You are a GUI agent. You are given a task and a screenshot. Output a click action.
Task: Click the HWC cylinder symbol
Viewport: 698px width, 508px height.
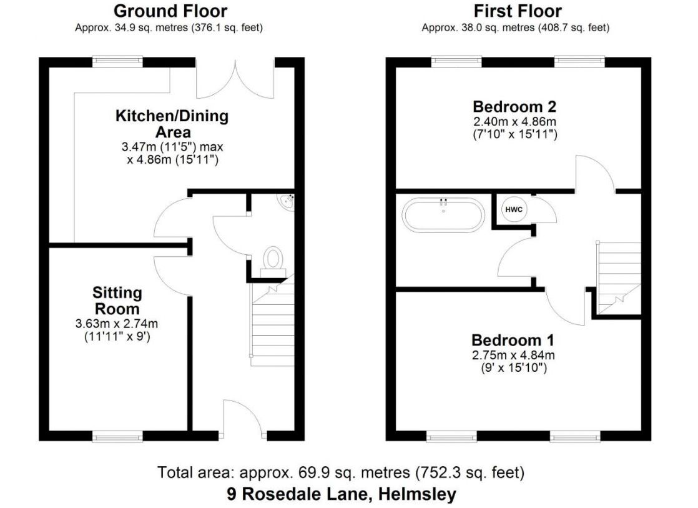pyautogui.click(x=514, y=209)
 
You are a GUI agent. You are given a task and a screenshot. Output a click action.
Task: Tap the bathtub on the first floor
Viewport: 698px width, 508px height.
pyautogui.click(x=443, y=214)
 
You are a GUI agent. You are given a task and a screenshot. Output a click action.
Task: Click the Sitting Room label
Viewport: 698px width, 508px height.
pyautogui.click(x=117, y=301)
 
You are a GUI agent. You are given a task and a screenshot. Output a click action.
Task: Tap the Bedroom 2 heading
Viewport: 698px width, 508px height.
pyautogui.click(x=514, y=106)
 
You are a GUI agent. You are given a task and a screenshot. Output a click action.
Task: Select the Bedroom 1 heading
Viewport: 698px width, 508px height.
pyautogui.click(x=513, y=340)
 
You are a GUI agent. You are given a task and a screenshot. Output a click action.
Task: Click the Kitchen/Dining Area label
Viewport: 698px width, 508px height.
pyautogui.click(x=172, y=124)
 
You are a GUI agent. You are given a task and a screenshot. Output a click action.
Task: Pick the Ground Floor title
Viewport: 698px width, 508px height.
pyautogui.click(x=170, y=11)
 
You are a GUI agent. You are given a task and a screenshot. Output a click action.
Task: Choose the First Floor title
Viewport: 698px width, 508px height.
pyautogui.click(x=518, y=11)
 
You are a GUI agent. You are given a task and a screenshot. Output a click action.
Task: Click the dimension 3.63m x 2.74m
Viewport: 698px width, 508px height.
pyautogui.click(x=117, y=324)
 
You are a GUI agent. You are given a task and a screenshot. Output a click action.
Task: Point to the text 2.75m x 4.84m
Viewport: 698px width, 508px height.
pyautogui.click(x=513, y=355)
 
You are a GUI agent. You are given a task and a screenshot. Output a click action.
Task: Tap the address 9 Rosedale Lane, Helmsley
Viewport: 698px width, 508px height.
pyautogui.click(x=342, y=494)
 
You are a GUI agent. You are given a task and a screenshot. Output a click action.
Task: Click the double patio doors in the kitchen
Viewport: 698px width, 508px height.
pyautogui.click(x=235, y=79)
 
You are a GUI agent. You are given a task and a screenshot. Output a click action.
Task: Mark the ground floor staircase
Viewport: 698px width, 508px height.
pyautogui.click(x=272, y=321)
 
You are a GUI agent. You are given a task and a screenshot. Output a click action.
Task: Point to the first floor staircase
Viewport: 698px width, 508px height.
pyautogui.click(x=619, y=278)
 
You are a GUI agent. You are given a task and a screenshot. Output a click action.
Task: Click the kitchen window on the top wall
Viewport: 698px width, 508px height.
pyautogui.click(x=117, y=62)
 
